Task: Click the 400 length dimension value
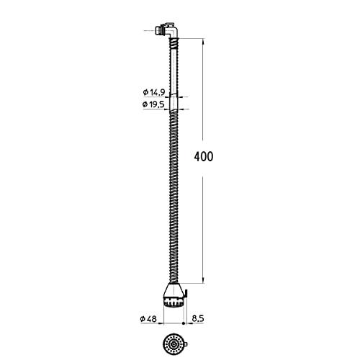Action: point(205,156)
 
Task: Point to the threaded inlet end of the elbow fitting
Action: point(158,31)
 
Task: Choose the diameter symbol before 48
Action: point(144,319)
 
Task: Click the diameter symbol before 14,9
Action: point(145,92)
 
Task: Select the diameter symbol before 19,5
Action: point(145,104)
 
